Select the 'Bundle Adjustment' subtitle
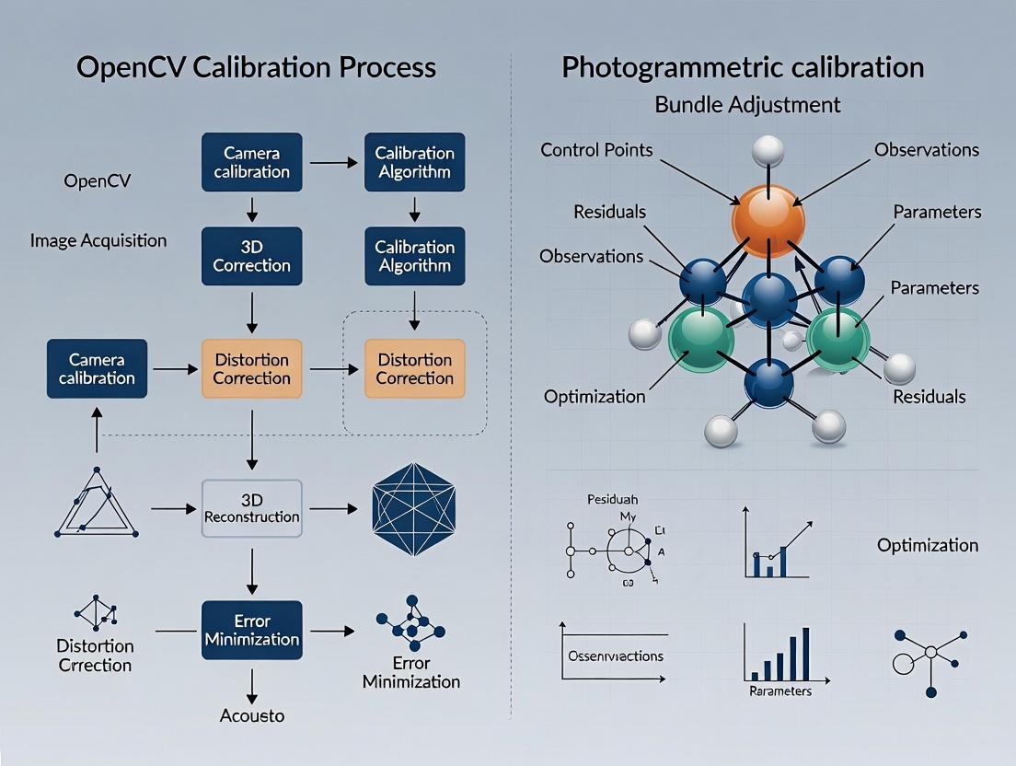(x=747, y=104)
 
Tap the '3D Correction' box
(x=251, y=256)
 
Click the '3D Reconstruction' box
(x=251, y=508)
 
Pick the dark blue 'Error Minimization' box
(x=251, y=631)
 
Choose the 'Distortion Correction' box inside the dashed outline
(x=414, y=368)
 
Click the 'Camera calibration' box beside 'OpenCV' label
(x=251, y=162)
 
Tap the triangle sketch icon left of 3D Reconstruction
(x=96, y=505)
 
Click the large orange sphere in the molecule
(x=768, y=220)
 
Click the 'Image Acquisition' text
(x=98, y=241)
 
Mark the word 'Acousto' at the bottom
(x=252, y=715)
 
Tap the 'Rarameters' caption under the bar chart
(x=779, y=691)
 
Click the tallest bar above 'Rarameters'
(x=805, y=653)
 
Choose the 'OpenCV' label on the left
(x=98, y=180)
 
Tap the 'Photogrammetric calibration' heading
(x=743, y=67)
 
